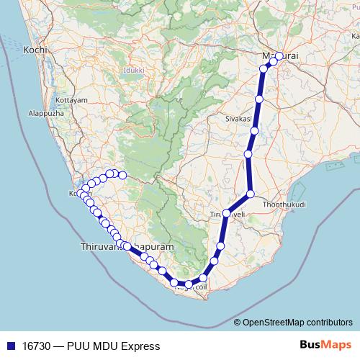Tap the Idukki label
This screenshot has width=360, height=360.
[135, 71]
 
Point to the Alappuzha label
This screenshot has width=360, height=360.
[45, 113]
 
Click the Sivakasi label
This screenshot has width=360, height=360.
[238, 118]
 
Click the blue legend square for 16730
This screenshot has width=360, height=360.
[10, 346]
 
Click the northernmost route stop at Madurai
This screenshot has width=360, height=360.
[279, 56]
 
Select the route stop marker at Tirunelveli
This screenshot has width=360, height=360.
[226, 213]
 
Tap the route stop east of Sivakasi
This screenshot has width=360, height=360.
[254, 130]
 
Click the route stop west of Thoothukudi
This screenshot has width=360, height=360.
[251, 194]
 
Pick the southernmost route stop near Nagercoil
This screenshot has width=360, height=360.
[189, 285]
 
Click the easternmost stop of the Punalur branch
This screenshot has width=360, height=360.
[122, 175]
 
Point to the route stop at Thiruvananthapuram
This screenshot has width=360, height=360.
[127, 246]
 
